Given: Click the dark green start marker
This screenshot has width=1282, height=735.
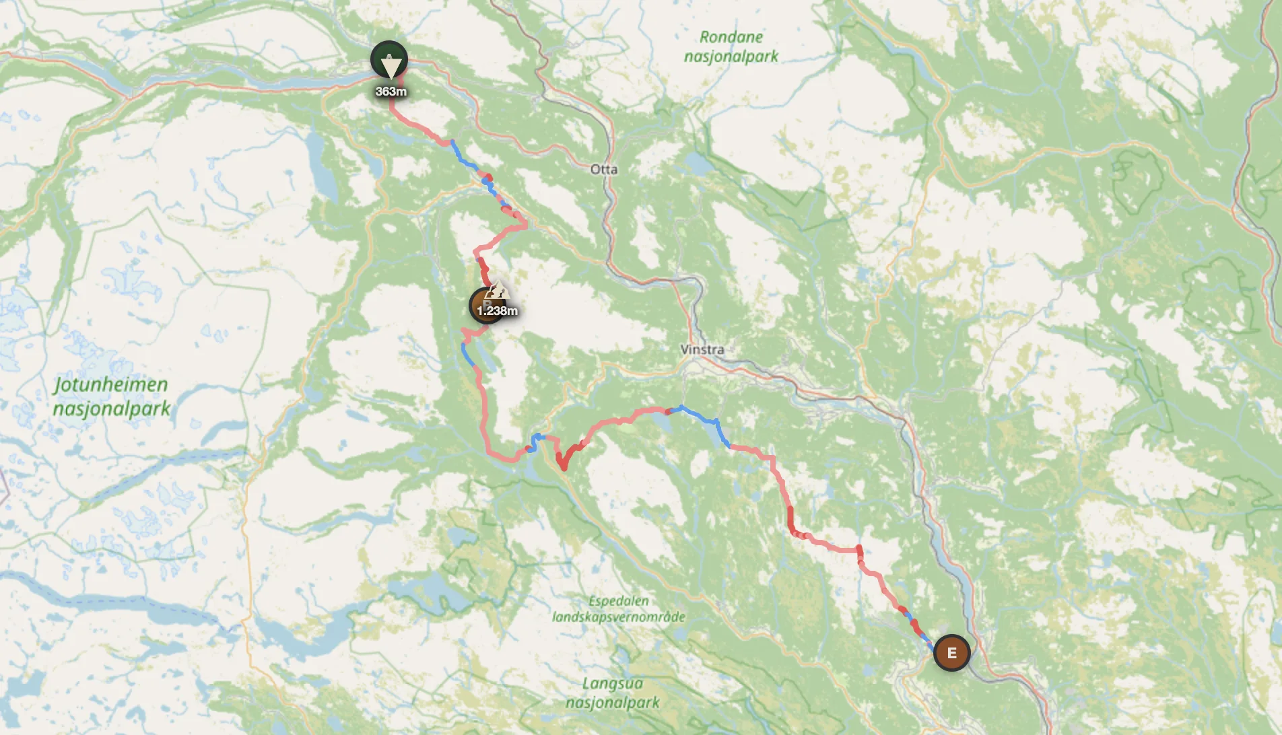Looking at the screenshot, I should click(x=389, y=59).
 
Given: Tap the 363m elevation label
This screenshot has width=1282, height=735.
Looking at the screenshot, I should click(x=391, y=92).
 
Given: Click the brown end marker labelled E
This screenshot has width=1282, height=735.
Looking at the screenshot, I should click(x=951, y=653).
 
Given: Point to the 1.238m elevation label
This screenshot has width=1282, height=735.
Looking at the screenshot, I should click(x=498, y=311).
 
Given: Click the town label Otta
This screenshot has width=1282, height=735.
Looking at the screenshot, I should click(x=603, y=170).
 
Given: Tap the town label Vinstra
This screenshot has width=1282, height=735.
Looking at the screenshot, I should click(x=702, y=349).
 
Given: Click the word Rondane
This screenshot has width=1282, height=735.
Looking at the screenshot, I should click(x=731, y=37).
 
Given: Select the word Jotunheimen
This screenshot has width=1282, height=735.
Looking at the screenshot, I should click(x=111, y=385).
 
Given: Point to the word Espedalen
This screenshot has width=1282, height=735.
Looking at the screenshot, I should click(x=619, y=601).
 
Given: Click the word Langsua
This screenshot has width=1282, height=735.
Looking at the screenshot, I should click(x=612, y=684).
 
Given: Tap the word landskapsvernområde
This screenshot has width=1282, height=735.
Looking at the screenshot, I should click(x=619, y=617).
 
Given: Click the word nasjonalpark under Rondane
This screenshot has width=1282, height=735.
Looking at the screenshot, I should click(x=731, y=57).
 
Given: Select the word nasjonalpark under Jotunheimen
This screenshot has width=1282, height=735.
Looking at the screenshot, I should click(x=112, y=409).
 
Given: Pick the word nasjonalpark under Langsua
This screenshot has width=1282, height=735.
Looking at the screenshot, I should click(x=613, y=703).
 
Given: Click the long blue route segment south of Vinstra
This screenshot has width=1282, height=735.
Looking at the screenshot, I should click(x=704, y=420).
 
